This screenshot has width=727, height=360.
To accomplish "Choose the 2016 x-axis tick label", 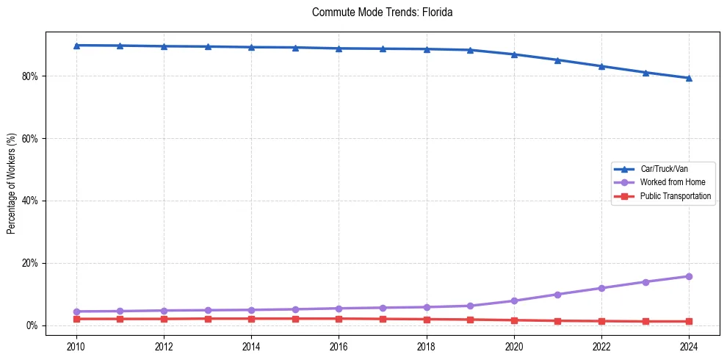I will pos(339,346).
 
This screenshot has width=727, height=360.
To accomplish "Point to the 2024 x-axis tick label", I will pos(689,346).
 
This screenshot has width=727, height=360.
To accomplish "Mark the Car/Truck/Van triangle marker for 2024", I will pos(689,78).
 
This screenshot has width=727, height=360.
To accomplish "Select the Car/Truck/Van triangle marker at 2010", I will pos(76,46).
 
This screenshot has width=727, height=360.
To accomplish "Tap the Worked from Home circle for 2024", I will pos(689,276).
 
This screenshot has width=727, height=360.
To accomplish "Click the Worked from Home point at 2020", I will pos(514,300).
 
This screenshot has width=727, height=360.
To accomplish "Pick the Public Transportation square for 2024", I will pos(689,321).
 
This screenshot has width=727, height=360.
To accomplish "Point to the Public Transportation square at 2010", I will pos(76,319).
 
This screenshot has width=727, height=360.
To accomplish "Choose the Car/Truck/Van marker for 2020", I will pos(514,54).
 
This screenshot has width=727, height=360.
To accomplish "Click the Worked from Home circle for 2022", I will pos(601,288).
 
